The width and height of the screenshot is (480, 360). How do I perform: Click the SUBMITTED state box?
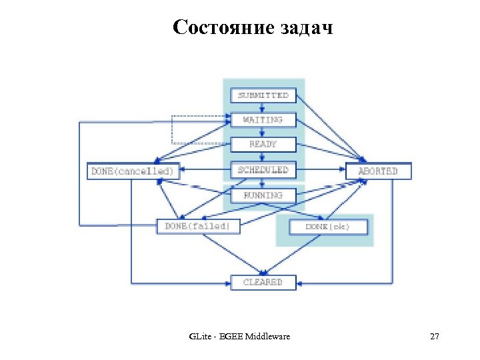point(263,95)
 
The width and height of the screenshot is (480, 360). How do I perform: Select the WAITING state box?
point(263,120)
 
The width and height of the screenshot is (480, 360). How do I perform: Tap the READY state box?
point(263,144)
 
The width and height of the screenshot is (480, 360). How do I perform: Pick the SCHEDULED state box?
point(263,170)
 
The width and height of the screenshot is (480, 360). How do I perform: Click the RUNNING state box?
point(263,195)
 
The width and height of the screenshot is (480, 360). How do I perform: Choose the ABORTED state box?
point(378,171)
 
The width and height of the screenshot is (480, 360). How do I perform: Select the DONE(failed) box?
point(197,226)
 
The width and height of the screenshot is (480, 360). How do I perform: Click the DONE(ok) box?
point(327,227)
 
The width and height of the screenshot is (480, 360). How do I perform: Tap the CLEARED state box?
point(263,282)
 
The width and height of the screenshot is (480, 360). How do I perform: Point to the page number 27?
point(435,337)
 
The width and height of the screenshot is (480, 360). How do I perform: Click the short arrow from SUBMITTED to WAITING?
point(263,107)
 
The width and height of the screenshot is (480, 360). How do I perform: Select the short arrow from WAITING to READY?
point(263,132)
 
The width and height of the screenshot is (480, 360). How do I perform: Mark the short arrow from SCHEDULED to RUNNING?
point(263,183)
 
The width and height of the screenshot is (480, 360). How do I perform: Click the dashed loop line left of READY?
point(173,131)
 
